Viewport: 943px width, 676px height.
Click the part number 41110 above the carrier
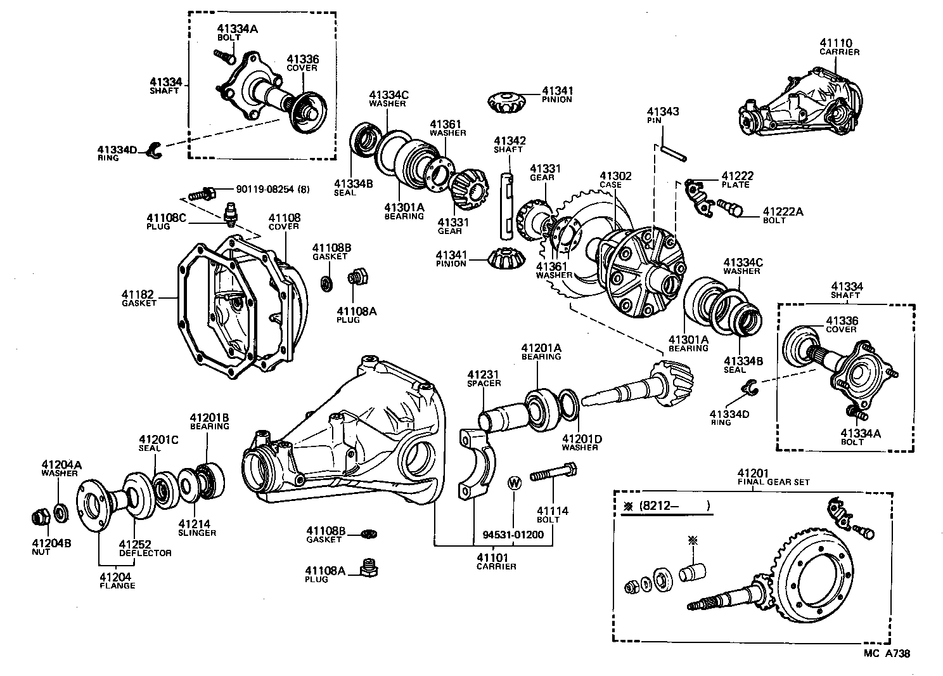coord(838,42)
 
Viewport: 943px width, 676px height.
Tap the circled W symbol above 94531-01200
coord(514,483)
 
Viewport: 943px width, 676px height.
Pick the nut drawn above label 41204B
coord(40,517)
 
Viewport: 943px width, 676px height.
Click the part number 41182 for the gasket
coord(138,294)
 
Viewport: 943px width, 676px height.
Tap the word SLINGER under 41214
coord(196,533)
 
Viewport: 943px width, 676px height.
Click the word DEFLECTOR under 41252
coord(145,553)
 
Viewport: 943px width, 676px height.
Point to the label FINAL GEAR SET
coord(773,482)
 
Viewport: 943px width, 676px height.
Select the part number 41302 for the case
coord(615,176)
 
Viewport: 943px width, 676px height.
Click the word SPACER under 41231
coord(484,383)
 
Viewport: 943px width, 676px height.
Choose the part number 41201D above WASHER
coord(581,439)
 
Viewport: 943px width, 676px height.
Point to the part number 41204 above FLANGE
coord(117,576)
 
